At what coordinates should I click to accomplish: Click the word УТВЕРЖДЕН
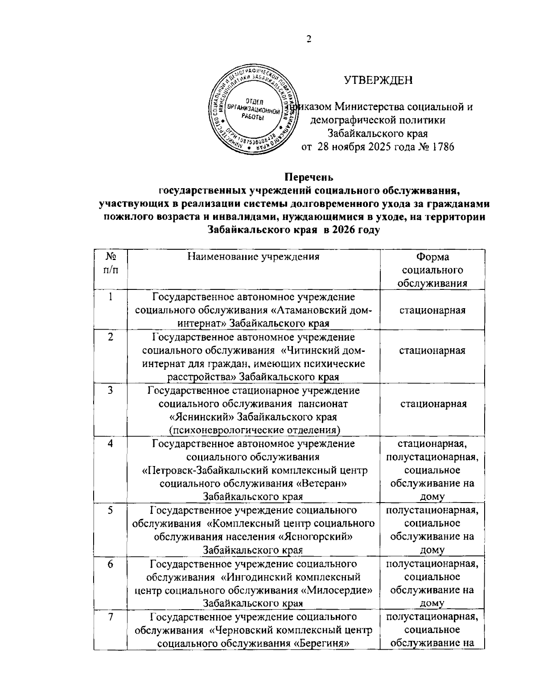[x=379, y=80]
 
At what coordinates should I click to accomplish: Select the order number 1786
[x=441, y=146]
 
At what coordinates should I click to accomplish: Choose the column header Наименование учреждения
[x=254, y=256]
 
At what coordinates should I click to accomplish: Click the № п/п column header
[x=110, y=264]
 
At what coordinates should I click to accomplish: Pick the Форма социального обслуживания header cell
[x=432, y=270]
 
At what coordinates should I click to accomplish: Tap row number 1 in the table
[x=110, y=297]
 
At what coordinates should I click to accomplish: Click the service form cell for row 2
[x=432, y=351]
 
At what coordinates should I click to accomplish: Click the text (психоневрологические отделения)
[x=254, y=430]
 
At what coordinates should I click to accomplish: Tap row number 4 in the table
[x=110, y=444]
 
